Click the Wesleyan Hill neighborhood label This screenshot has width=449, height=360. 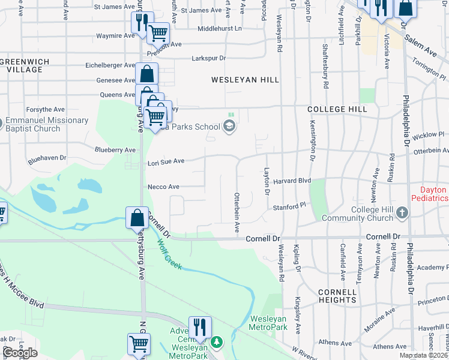point(245,79)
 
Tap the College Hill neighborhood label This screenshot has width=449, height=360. point(337,109)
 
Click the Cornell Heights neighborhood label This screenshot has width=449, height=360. point(338,296)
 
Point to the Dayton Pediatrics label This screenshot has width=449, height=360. point(429,193)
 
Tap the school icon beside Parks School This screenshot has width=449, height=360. point(229,126)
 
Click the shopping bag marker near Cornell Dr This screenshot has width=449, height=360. point(137,217)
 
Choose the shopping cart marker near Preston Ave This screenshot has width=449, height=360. point(158,33)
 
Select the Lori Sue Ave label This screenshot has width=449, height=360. point(166,161)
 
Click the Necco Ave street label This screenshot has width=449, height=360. point(163,187)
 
